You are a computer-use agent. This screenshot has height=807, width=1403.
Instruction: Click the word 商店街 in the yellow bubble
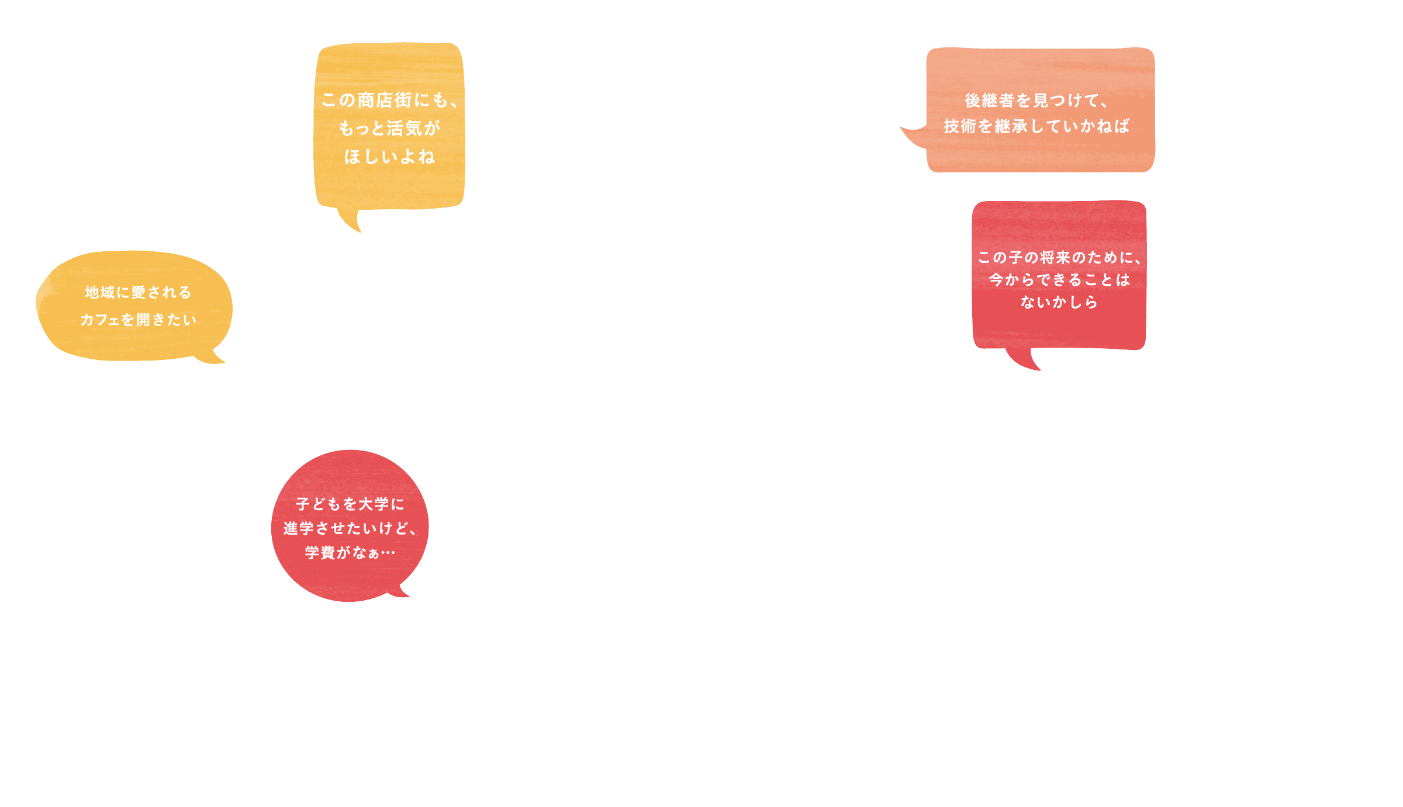coord(385,100)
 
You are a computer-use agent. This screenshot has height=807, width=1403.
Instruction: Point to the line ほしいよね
coord(389,157)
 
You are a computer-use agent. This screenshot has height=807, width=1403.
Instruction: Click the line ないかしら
coord(1059,302)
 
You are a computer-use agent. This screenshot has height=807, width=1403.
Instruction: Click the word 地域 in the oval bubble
coord(100,292)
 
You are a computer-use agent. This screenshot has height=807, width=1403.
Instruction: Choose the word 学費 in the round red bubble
coord(320,552)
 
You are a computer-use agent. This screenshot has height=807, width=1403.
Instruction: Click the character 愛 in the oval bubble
coord(139,292)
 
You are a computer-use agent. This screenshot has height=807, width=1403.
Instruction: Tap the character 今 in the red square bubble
coord(996,280)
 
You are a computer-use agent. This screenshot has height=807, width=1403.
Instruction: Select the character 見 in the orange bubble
coord(1041,101)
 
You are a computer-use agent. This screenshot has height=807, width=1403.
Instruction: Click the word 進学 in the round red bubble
coord(299,528)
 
